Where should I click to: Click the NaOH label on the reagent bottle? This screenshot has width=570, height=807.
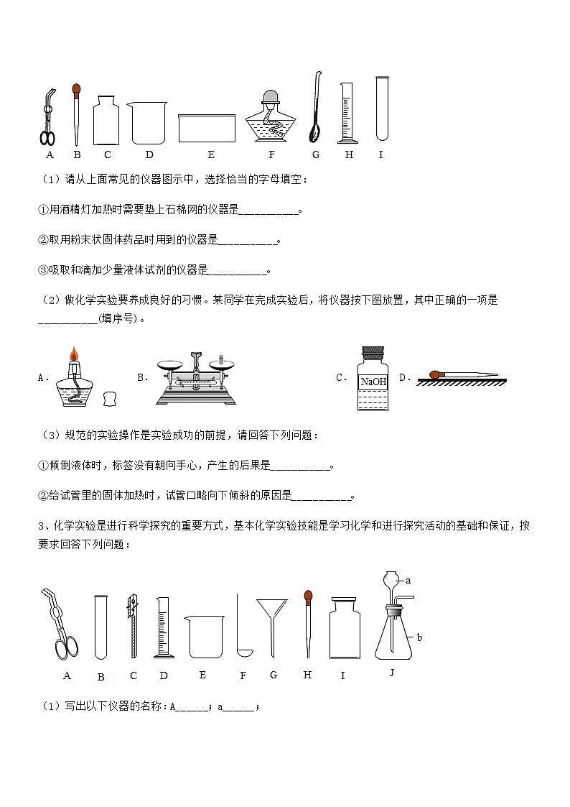(x=373, y=382)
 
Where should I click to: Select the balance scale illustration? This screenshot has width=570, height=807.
(x=195, y=377)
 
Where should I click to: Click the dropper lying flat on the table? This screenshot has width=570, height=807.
(x=464, y=374)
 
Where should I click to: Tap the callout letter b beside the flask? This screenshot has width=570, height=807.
(x=419, y=637)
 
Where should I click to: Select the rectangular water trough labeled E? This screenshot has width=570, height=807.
(x=207, y=128)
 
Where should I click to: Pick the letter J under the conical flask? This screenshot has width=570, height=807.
(x=391, y=673)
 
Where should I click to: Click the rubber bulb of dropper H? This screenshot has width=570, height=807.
(x=308, y=596)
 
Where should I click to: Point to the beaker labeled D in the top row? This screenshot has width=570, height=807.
(x=148, y=122)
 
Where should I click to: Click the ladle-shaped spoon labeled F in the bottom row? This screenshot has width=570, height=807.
(x=242, y=625)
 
